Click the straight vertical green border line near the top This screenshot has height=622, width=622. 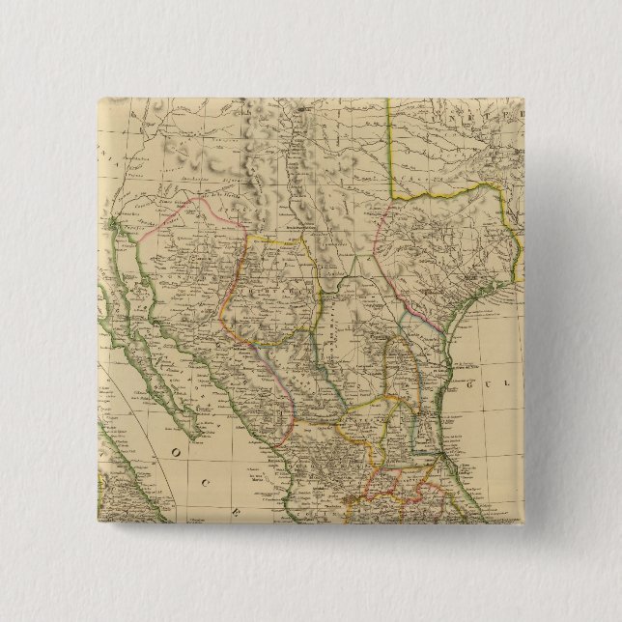tap(390, 145)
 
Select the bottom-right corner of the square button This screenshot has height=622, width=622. tap(523, 523)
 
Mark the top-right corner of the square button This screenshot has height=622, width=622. tap(523, 98)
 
